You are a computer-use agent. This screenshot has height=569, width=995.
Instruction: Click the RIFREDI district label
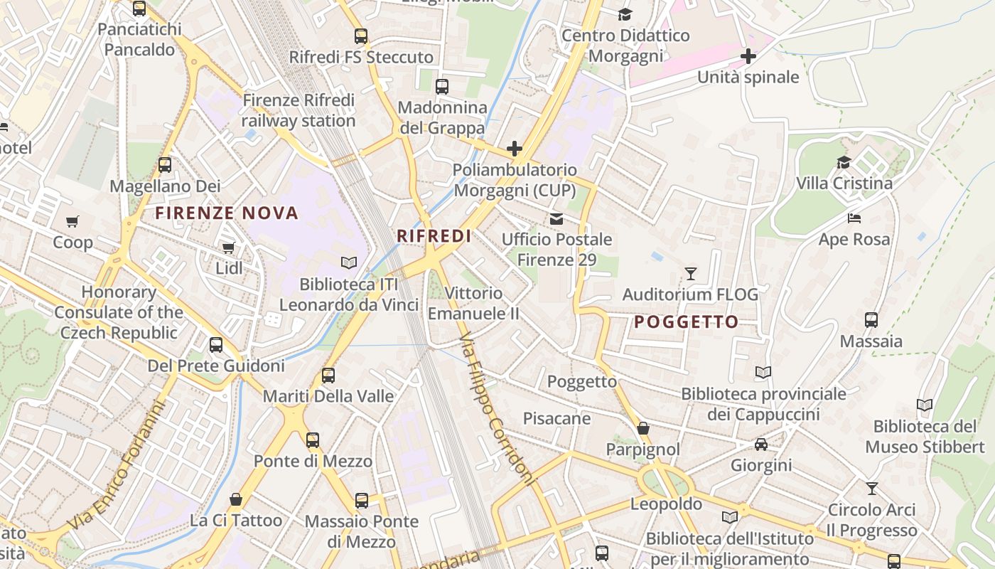[434, 236]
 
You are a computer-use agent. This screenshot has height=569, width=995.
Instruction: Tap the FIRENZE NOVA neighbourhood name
[227, 213]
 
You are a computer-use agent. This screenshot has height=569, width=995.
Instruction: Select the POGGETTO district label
[687, 322]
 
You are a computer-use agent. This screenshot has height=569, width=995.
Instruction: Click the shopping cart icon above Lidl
[228, 248]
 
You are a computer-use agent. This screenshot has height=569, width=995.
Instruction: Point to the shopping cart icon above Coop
[72, 221]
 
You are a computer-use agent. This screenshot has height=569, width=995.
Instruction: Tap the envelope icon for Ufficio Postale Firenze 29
[556, 218]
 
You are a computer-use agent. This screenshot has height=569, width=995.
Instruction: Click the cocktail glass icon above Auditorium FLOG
[690, 273]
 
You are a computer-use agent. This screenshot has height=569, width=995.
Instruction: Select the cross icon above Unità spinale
[748, 56]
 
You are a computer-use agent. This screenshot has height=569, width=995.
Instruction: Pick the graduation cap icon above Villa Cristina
[844, 162]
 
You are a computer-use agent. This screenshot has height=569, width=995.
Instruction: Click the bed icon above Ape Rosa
[854, 218]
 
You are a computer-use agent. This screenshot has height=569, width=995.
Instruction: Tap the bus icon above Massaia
[871, 320]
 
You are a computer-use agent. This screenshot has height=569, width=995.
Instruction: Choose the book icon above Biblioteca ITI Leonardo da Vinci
[348, 263]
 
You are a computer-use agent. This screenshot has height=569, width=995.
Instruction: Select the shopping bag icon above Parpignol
[643, 428]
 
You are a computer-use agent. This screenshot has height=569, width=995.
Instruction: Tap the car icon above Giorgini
[760, 445]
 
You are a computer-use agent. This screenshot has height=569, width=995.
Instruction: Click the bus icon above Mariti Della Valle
[328, 375]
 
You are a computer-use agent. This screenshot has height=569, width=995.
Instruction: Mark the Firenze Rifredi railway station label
[298, 110]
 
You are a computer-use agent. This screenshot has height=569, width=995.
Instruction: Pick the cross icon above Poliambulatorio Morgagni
[515, 149]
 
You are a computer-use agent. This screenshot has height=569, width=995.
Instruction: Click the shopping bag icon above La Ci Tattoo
[236, 499]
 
